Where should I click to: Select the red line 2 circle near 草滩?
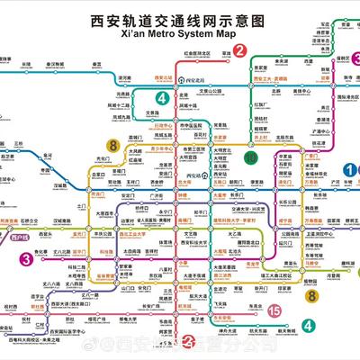[238, 51]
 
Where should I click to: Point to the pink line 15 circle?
[274, 310]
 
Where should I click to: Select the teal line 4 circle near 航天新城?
[310, 325]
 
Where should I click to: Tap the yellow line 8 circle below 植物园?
[310, 292]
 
